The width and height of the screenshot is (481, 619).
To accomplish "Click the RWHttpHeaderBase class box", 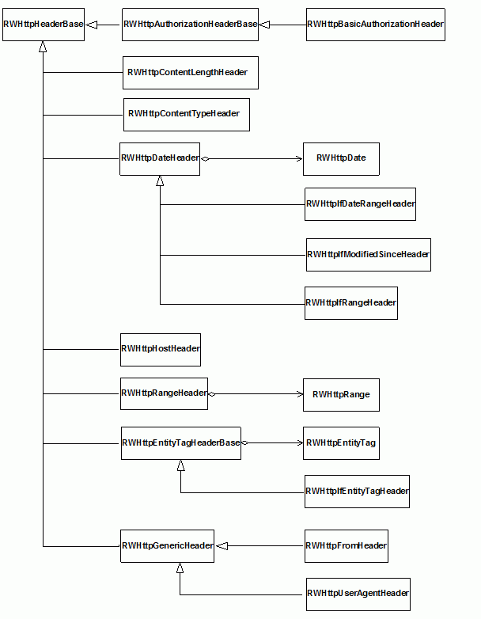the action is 44,25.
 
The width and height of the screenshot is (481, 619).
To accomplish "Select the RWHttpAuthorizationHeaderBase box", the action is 190,25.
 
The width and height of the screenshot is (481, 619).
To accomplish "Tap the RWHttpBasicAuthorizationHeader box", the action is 376,25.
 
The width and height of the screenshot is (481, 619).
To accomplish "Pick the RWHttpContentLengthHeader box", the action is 191,73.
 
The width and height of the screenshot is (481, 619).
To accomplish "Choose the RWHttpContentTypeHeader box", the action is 187,115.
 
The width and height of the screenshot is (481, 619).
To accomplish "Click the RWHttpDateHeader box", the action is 160,159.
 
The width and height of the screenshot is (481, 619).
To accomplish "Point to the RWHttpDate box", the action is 341,159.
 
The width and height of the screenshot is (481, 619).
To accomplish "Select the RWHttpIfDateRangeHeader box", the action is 360,204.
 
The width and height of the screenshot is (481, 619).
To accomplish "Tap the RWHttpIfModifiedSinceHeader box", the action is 369,255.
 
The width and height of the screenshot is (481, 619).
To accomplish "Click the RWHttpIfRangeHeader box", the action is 351,303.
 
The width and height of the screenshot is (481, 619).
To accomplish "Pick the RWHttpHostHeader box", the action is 161,350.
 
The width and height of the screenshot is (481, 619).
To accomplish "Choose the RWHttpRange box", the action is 341,395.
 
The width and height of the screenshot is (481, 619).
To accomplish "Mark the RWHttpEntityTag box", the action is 341,443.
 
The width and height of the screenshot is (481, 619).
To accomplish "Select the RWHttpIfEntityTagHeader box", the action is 357,492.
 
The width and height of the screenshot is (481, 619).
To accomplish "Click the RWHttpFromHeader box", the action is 347,546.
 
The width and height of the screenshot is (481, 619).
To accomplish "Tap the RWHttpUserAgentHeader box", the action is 358,594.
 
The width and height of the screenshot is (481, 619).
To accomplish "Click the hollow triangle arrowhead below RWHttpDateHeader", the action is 160,180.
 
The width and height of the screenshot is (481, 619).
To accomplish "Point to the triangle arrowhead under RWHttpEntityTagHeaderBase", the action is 180,465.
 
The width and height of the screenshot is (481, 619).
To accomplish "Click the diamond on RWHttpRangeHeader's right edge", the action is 212,394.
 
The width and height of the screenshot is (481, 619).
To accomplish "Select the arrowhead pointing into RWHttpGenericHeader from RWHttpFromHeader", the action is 222,546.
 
